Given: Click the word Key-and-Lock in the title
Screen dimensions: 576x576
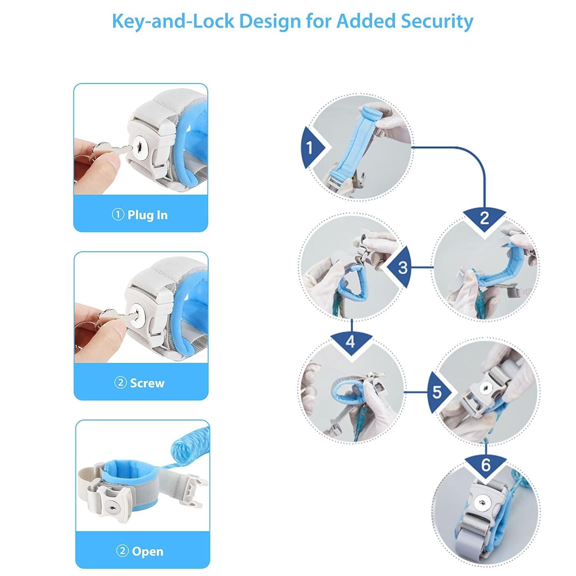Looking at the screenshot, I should (172, 21).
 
